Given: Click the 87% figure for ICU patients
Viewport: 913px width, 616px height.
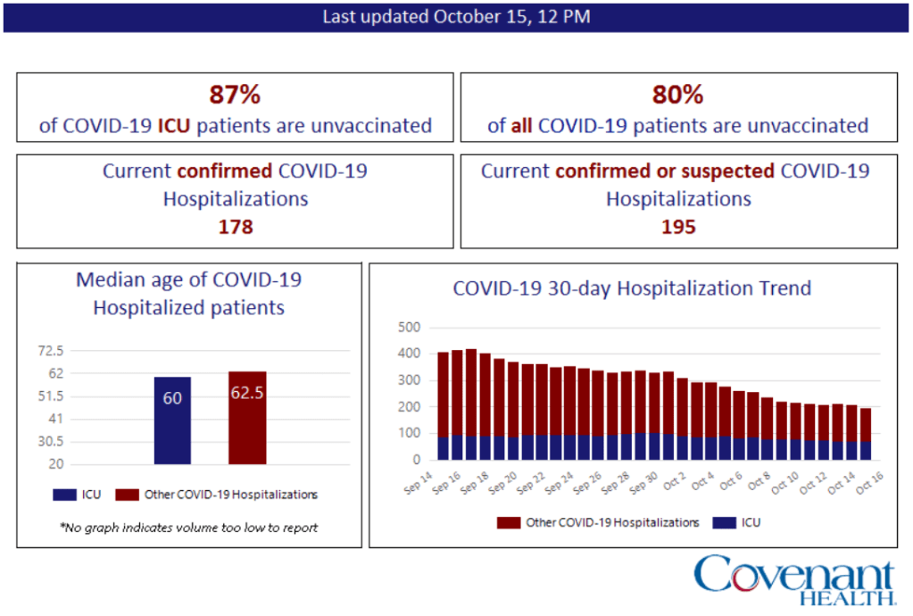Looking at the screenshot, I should click(235, 95).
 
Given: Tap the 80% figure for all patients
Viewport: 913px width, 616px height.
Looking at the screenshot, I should click(677, 95).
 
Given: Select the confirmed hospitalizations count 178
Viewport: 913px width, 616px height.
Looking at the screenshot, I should click(236, 227).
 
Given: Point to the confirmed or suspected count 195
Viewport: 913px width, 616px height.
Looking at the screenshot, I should click(678, 227).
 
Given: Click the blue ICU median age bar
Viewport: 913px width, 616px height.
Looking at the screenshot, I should click(172, 420).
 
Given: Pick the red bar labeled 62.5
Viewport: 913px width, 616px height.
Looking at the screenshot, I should click(247, 417).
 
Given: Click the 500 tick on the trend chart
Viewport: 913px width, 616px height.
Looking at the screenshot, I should click(409, 328).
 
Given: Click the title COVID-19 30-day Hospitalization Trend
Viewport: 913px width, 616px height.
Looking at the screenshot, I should click(632, 288).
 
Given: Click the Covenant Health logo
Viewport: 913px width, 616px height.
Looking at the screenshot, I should click(793, 579).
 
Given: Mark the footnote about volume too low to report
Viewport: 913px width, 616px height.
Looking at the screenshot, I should click(189, 528).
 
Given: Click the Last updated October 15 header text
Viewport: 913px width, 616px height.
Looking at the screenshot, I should click(456, 17).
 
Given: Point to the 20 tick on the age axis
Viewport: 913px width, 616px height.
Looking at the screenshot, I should click(55, 464).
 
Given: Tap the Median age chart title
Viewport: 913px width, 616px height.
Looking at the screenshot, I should click(189, 294).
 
